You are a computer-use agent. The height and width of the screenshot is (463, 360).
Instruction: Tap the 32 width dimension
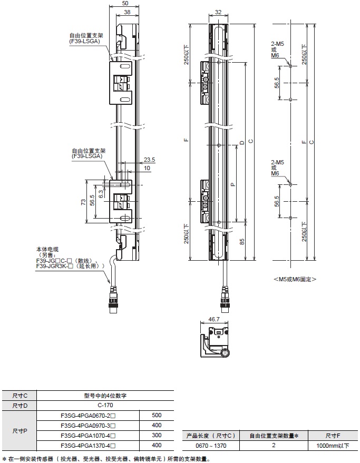point(218,13)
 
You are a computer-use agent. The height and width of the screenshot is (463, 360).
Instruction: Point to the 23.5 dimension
point(149,159)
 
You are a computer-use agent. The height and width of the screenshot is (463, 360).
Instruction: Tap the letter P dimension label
point(232,184)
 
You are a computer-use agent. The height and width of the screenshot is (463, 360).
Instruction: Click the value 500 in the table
point(156,416)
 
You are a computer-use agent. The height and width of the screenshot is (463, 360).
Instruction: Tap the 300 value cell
point(156,436)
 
